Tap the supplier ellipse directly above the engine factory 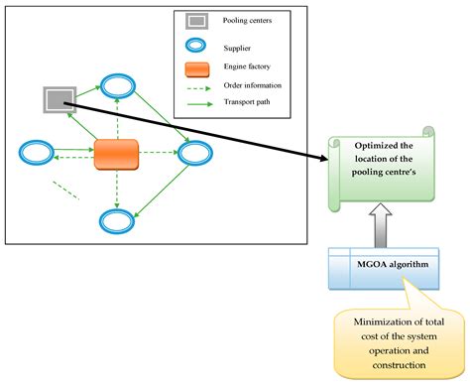[x=119, y=83]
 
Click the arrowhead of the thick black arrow [x=326, y=158]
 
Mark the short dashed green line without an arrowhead [x=65, y=190]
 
